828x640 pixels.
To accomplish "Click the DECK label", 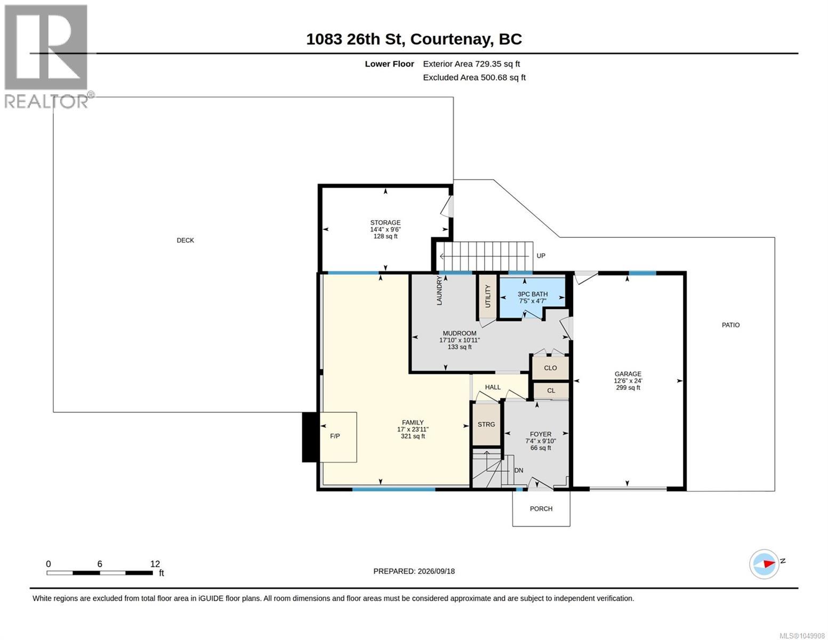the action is (x=185, y=240).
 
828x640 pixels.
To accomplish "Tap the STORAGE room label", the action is (x=385, y=222).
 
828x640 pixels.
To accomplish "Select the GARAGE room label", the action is (x=628, y=374).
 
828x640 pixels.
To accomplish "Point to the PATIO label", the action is (x=730, y=325).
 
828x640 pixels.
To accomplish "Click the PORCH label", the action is (x=541, y=508).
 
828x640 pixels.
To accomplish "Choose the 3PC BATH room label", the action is (x=532, y=294).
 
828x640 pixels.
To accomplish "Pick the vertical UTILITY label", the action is (x=488, y=296).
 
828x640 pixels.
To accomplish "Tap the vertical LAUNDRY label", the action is (x=439, y=291).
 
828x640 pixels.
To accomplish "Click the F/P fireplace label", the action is (x=335, y=436).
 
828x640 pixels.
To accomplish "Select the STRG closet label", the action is (x=486, y=424).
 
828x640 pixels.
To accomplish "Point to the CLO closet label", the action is (x=550, y=368).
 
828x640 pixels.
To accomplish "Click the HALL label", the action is (x=493, y=387).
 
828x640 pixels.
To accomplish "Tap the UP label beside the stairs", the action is (x=541, y=256).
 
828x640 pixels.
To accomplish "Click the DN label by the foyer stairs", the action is (x=519, y=470).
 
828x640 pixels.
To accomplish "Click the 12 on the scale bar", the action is (x=155, y=564).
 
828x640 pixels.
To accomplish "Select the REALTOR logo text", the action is (x=46, y=101).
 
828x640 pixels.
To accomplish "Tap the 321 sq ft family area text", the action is (x=413, y=436).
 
